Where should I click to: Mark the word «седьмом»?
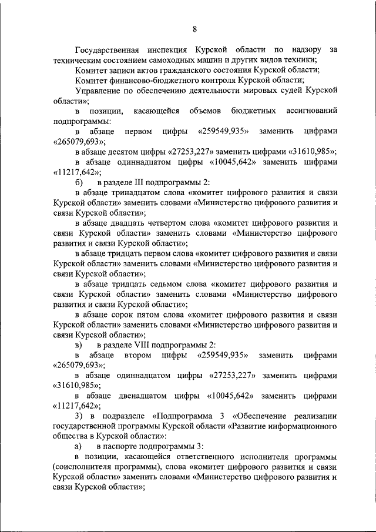click(169, 283)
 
